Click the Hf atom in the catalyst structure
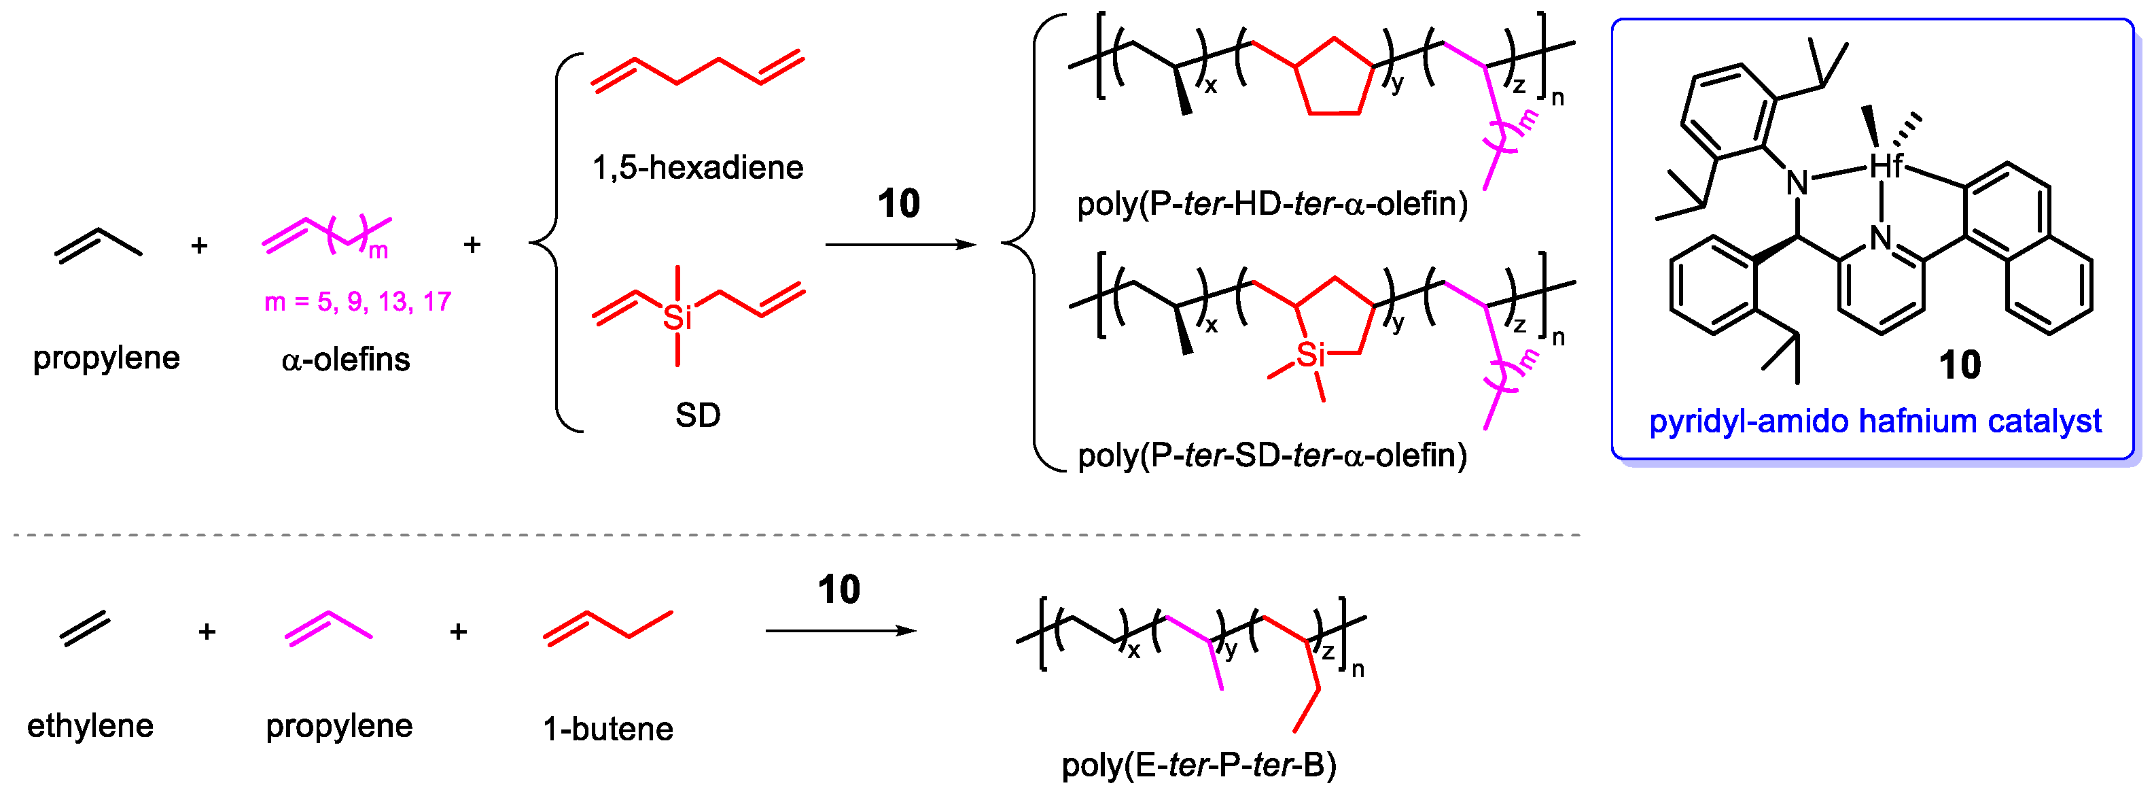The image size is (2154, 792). pyautogui.click(x=1886, y=166)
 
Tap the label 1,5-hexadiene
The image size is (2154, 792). pyautogui.click(x=697, y=168)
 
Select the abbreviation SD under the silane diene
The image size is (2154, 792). pyautogui.click(x=697, y=415)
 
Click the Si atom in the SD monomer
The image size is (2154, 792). pyautogui.click(x=677, y=317)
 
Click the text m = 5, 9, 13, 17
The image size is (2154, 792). pyautogui.click(x=358, y=301)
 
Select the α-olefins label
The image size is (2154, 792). pyautogui.click(x=345, y=360)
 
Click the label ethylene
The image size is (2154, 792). pyautogui.click(x=90, y=725)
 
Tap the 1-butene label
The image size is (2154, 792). pyautogui.click(x=608, y=729)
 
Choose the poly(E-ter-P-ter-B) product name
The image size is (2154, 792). pyautogui.click(x=1198, y=764)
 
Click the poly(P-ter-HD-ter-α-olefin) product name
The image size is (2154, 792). pyautogui.click(x=1272, y=203)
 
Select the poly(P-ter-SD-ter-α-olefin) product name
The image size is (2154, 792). pyautogui.click(x=1272, y=455)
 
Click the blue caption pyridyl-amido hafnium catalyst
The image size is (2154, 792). pyautogui.click(x=1875, y=421)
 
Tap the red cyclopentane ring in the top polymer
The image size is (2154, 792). pyautogui.click(x=1334, y=80)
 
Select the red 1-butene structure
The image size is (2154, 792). pyautogui.click(x=608, y=627)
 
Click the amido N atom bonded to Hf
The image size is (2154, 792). pyautogui.click(x=1796, y=182)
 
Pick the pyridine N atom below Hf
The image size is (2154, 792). pyautogui.click(x=1881, y=239)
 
